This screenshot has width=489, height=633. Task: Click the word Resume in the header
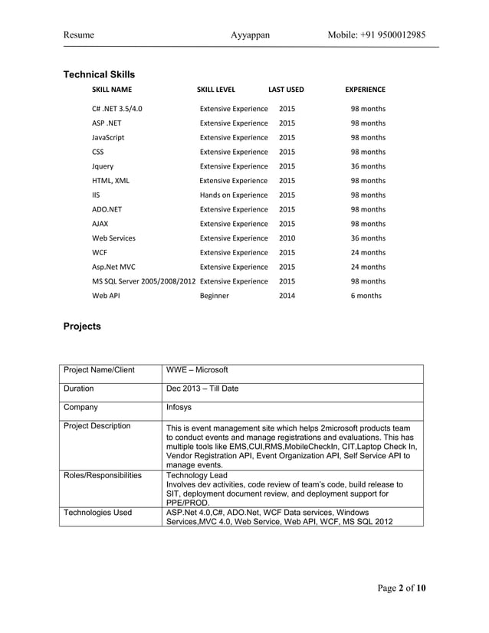pyautogui.click(x=78, y=35)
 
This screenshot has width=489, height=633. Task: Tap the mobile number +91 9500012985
pyautogui.click(x=376, y=35)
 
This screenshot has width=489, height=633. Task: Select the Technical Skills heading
pyautogui.click(x=98, y=74)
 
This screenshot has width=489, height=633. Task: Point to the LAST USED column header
pyautogui.click(x=286, y=90)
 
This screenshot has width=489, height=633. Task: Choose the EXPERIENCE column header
pyautogui.click(x=365, y=90)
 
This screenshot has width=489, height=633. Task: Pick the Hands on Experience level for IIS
pyautogui.click(x=233, y=195)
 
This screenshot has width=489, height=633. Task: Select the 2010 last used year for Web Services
pyautogui.click(x=287, y=238)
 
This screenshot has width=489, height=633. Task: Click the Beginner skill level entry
pyautogui.click(x=214, y=296)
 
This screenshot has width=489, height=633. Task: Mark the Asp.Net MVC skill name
pyautogui.click(x=113, y=267)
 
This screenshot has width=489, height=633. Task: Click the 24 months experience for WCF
pyautogui.click(x=368, y=253)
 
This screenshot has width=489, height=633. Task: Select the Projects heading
pyautogui.click(x=81, y=326)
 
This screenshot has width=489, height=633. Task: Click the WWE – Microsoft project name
pyautogui.click(x=197, y=370)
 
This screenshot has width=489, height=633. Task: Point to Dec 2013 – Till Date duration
pyautogui.click(x=202, y=389)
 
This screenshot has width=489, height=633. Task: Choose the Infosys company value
pyautogui.click(x=179, y=408)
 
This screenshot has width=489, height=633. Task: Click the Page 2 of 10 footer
pyautogui.click(x=401, y=588)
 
